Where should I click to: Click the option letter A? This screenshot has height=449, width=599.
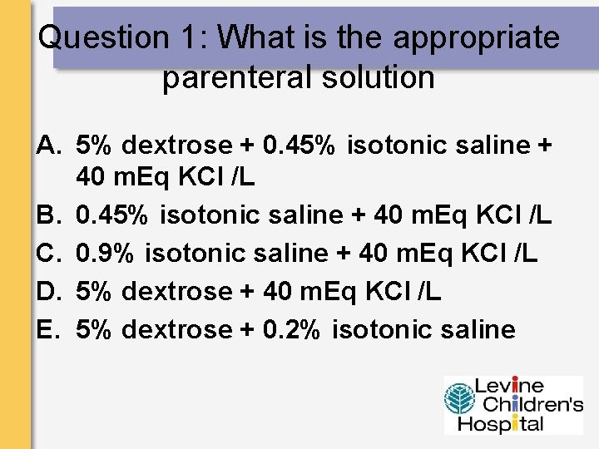(49, 146)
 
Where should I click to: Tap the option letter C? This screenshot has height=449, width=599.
(49, 254)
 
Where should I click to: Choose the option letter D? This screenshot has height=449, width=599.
(49, 292)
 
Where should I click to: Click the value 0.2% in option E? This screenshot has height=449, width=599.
(289, 330)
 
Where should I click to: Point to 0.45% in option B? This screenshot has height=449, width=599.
(113, 215)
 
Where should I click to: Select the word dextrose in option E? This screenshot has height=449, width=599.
(176, 330)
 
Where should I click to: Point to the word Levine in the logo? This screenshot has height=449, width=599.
(509, 386)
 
